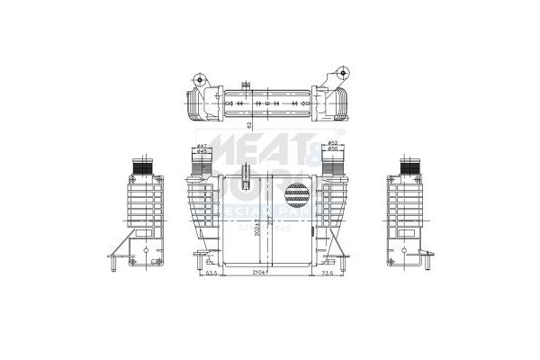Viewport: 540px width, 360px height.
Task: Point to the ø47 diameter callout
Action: tap(202, 145)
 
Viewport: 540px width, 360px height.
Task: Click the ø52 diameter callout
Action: tap(332, 143)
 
